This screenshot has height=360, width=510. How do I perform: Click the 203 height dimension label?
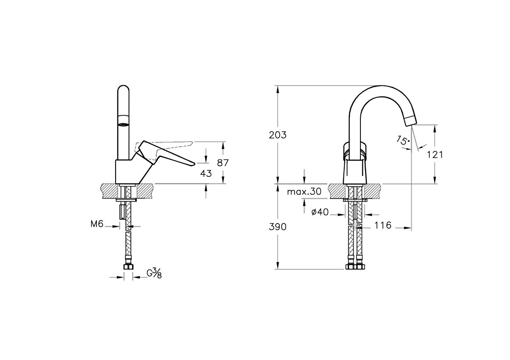point(278,135)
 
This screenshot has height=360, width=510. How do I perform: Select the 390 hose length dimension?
point(278,227)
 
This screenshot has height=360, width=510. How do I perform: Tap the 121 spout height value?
point(435,155)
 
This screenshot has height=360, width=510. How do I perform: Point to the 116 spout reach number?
point(383,225)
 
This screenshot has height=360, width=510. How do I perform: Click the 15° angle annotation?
point(403,140)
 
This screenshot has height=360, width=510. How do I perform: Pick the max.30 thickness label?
point(304,192)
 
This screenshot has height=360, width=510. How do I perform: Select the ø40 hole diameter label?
point(320,212)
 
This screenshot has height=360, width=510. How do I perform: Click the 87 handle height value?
point(222,163)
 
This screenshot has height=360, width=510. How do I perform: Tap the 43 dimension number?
point(206,173)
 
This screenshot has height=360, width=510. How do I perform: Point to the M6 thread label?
point(97,224)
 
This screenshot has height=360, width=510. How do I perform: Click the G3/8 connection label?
point(154,273)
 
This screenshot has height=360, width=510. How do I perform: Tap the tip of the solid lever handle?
point(195,163)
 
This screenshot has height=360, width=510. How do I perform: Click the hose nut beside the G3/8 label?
point(128,267)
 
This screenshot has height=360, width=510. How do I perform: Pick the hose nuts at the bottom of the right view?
point(355,266)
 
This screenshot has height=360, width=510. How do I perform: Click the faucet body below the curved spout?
point(355,171)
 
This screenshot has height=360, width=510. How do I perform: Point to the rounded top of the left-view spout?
point(123,89)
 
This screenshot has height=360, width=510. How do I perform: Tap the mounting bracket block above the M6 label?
point(122,211)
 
